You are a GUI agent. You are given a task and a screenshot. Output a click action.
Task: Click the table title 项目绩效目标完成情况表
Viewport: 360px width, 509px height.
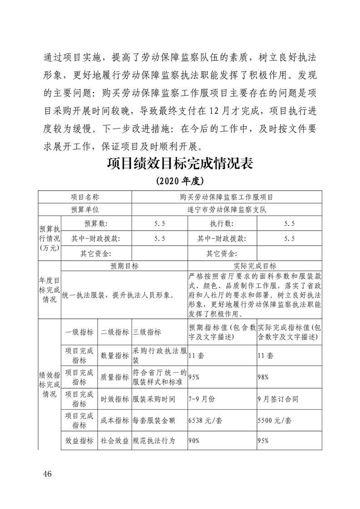(180, 162)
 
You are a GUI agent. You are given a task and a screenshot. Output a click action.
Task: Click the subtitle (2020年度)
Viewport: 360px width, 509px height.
(180, 181)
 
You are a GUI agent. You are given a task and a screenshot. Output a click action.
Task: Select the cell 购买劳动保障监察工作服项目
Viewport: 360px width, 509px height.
(227, 197)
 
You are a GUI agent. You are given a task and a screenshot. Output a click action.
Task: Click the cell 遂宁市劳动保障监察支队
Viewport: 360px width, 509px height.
(227, 210)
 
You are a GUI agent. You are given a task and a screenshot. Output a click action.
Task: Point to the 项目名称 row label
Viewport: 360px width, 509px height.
(84, 197)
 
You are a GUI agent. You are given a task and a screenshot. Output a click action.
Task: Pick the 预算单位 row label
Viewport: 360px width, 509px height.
(84, 210)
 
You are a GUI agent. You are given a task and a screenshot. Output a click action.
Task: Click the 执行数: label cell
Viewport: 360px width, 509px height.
(222, 223)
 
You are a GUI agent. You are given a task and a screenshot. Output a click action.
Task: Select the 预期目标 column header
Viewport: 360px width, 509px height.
(124, 266)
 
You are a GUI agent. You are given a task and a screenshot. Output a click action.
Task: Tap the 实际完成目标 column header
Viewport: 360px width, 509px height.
(255, 266)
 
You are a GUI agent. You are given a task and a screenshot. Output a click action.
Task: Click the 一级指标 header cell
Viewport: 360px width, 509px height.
(79, 332)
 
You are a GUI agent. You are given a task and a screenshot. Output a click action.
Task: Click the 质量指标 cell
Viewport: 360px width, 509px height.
(114, 377)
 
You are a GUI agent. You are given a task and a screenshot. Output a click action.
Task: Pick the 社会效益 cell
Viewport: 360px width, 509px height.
(114, 440)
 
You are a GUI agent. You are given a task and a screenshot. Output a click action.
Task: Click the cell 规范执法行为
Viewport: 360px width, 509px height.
(154, 440)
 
